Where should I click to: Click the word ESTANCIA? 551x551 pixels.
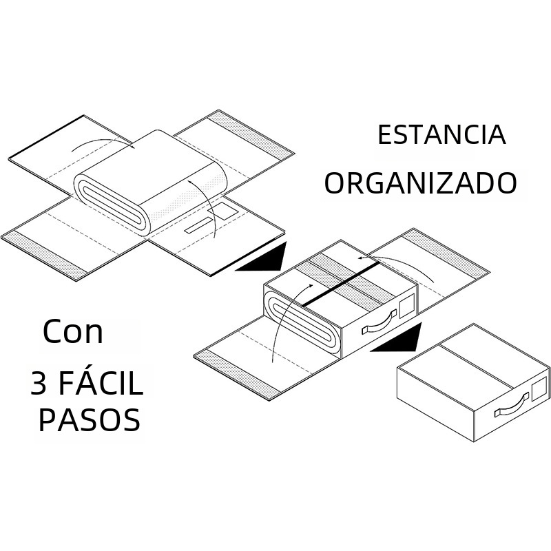[x=441, y=135]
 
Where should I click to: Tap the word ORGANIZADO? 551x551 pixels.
[x=421, y=184]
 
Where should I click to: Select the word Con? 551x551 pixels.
[x=72, y=333]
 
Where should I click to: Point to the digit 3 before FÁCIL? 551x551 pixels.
[x=39, y=384]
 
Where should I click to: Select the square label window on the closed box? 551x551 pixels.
[x=539, y=388]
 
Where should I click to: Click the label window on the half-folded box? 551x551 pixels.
[x=408, y=304]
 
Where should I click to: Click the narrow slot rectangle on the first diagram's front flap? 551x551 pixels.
[x=200, y=225]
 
